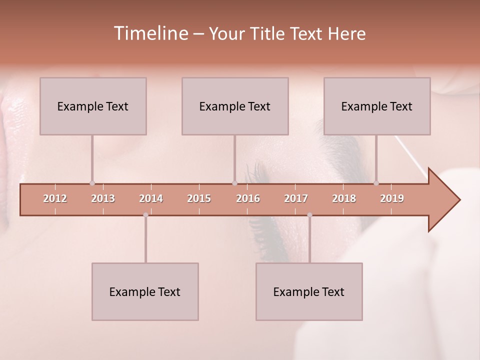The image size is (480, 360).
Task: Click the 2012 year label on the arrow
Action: (x=55, y=198)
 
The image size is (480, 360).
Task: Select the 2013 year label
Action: (x=103, y=198)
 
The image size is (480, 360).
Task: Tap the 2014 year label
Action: (x=151, y=198)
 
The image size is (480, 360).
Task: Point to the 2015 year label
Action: (x=199, y=198)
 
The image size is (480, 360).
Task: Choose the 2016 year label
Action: (x=248, y=198)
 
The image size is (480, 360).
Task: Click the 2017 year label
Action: (x=296, y=198)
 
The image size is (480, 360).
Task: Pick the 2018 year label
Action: (x=344, y=198)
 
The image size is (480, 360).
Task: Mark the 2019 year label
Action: (x=392, y=198)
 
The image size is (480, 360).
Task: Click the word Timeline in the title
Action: (x=150, y=33)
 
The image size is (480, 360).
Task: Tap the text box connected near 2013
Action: (x=93, y=106)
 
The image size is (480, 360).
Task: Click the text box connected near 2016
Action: (x=235, y=106)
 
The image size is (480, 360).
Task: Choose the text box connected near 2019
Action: (x=377, y=106)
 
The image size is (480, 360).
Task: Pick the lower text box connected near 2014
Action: (x=145, y=291)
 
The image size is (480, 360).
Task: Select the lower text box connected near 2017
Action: (x=309, y=291)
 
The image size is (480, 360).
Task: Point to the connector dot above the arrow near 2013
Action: (x=92, y=183)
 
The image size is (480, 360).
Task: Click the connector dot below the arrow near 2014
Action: (x=145, y=215)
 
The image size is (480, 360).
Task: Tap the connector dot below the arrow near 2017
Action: (x=309, y=215)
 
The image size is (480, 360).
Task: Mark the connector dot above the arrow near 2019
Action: (x=376, y=183)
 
